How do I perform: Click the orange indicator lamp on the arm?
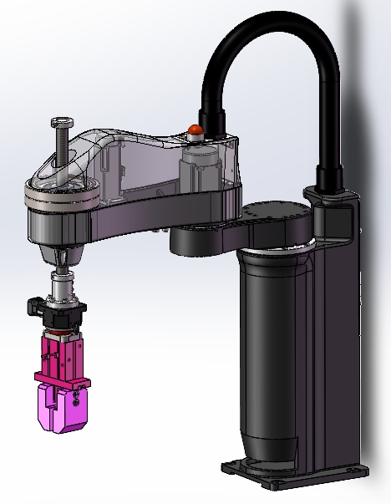coord(195,130)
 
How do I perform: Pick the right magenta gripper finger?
coord(78,410)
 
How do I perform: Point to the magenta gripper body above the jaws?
coord(62,352)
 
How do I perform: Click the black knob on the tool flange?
coord(33,304)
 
